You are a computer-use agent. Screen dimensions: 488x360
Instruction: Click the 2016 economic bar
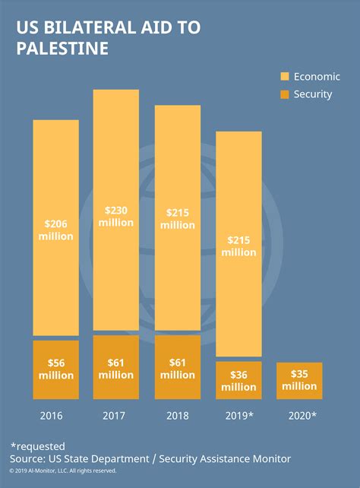pyautogui.click(x=55, y=182)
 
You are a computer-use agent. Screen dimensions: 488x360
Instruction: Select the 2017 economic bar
pyautogui.click(x=115, y=152)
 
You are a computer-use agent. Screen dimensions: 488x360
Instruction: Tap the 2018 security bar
pyautogui.click(x=178, y=367)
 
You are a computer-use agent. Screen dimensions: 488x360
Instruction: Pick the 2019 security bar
pyautogui.click(x=239, y=380)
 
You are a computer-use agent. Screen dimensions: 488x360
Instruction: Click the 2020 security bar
pyautogui.click(x=299, y=381)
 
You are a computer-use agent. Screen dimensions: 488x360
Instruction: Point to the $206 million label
pyautogui.click(x=55, y=230)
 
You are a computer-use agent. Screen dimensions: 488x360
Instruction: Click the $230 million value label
pyautogui.click(x=115, y=216)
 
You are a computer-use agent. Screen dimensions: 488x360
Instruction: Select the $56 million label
pyautogui.click(x=55, y=369)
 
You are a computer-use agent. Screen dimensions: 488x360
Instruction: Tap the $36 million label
pyautogui.click(x=239, y=380)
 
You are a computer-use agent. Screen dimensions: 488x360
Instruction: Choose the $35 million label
pyautogui.click(x=299, y=380)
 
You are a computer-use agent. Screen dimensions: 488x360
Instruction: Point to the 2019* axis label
pyautogui.click(x=239, y=416)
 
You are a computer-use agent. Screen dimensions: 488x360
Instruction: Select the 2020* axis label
pyautogui.click(x=302, y=416)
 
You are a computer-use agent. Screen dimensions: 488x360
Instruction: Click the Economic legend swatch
pyautogui.click(x=286, y=77)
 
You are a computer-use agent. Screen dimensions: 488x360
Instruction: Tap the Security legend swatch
pyautogui.click(x=286, y=94)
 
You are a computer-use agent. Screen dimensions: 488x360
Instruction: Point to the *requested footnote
pyautogui.click(x=38, y=446)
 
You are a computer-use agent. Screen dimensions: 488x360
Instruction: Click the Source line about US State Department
pyautogui.click(x=150, y=459)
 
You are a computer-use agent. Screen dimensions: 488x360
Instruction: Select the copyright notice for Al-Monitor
pyautogui.click(x=63, y=471)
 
